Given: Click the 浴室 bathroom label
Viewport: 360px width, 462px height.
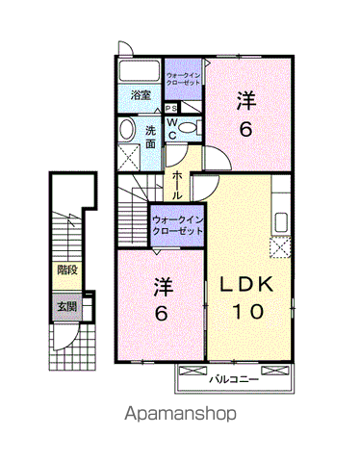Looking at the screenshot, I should click(x=141, y=94).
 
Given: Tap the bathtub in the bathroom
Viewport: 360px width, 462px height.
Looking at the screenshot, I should click(x=139, y=73).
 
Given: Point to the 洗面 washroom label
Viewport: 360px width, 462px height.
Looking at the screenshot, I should click(x=151, y=136).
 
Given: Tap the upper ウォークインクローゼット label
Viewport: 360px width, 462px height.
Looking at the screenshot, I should click(x=183, y=79).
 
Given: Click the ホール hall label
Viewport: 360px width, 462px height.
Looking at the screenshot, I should click(x=178, y=179).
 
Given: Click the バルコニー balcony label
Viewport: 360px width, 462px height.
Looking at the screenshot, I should click(x=235, y=379).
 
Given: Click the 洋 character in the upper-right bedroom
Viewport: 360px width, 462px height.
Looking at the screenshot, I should click(x=246, y=100).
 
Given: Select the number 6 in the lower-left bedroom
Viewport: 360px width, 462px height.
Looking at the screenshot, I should click(x=162, y=313).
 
